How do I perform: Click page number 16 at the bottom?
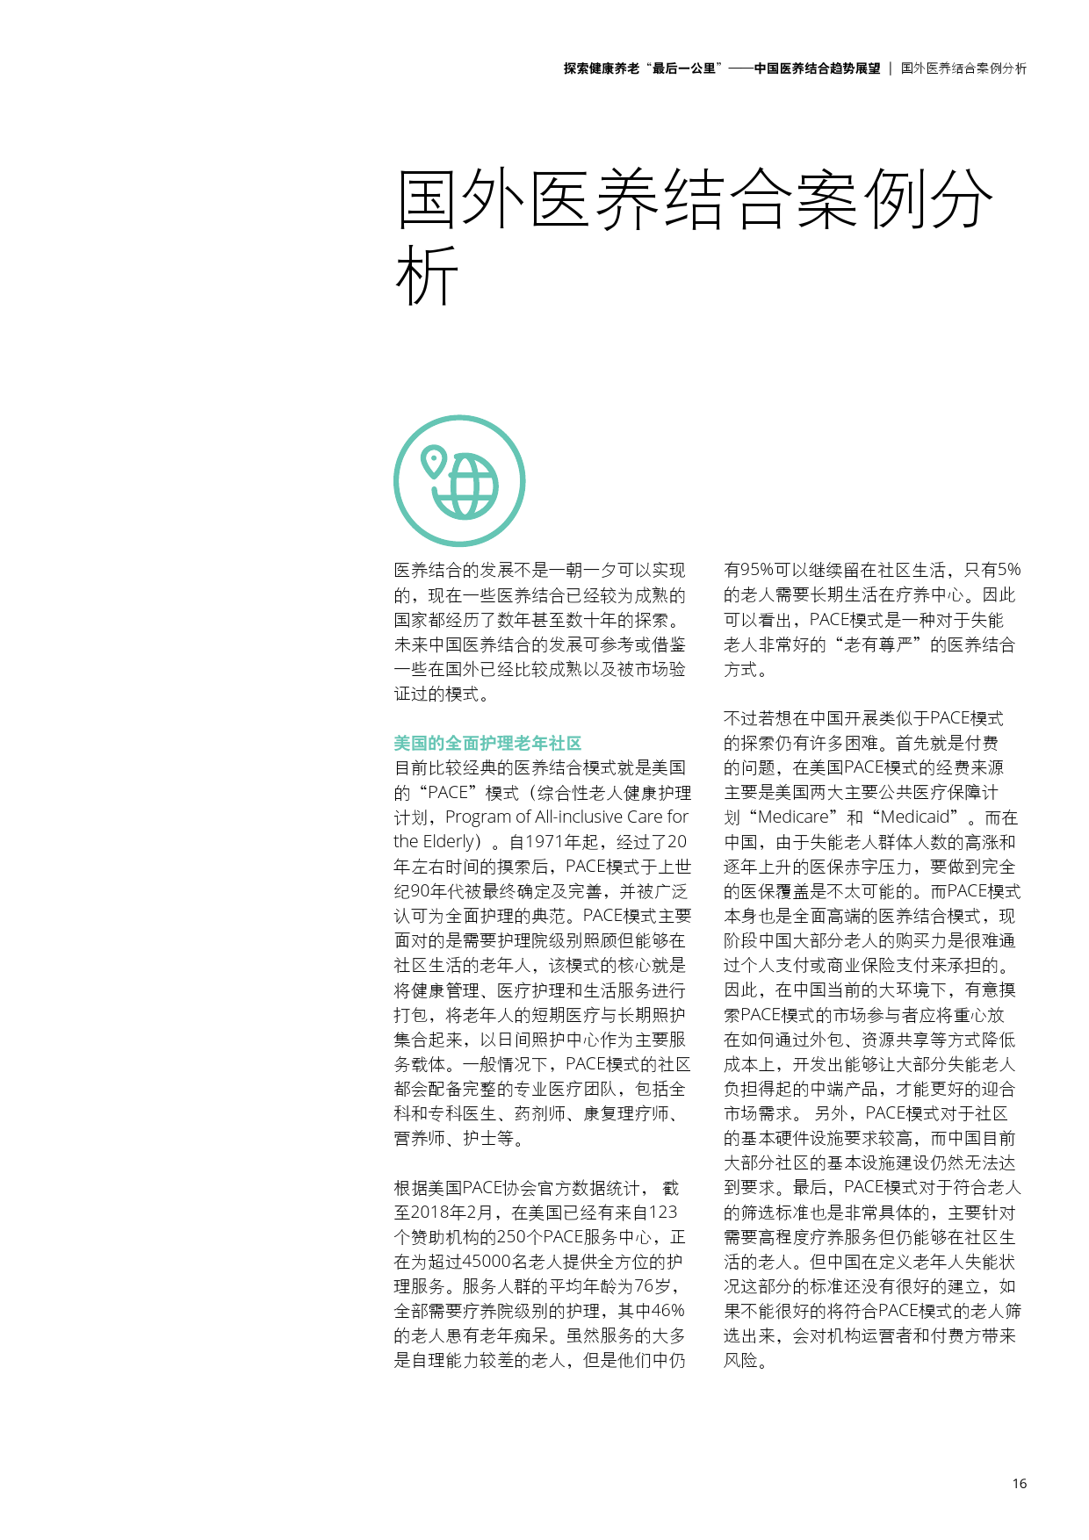click(1019, 1483)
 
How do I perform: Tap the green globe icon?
click(465, 486)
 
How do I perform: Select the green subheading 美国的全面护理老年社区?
click(487, 743)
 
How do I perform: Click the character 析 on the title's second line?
click(427, 276)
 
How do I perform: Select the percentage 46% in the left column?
click(667, 1311)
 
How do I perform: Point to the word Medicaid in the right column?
click(914, 817)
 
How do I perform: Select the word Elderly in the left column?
click(450, 841)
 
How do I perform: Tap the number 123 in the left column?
click(663, 1213)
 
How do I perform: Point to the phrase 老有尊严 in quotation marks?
click(878, 644)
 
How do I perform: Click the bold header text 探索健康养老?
click(602, 68)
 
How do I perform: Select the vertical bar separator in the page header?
click(891, 68)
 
